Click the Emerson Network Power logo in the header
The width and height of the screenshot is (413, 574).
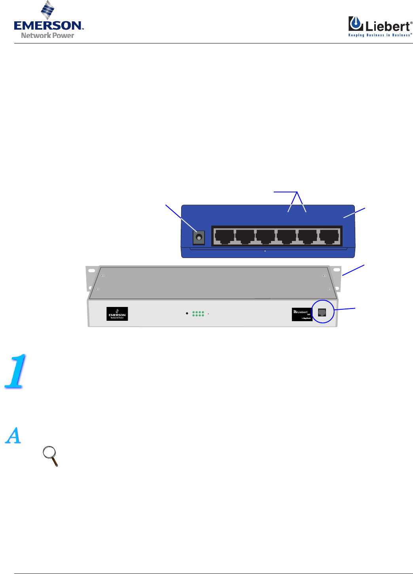[48, 22]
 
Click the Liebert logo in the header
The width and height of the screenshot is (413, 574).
[380, 26]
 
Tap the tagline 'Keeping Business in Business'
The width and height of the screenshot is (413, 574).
[380, 35]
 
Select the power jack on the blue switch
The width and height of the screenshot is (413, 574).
[199, 237]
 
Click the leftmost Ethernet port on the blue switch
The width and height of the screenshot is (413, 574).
[224, 237]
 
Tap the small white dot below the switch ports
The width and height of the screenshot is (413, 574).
[265, 250]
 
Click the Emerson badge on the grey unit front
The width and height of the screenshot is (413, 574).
[117, 314]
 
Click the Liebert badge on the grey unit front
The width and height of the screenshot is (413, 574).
[302, 314]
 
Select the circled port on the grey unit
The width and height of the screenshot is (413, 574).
[322, 312]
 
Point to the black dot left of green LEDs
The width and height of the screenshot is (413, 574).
[187, 313]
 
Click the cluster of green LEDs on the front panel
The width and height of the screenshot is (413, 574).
[198, 314]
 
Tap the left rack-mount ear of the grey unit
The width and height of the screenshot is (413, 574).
[91, 277]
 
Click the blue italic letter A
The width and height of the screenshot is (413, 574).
[13, 435]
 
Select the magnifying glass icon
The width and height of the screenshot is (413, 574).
[51, 455]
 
